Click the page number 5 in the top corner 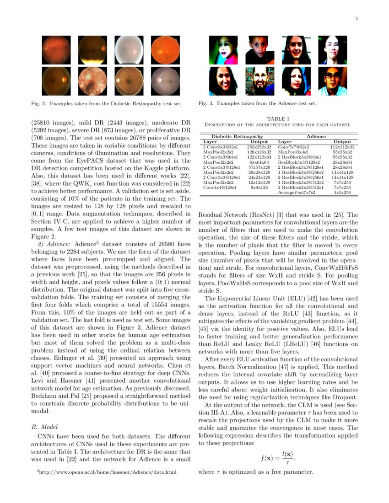point(356,18)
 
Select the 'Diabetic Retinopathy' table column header point(237,136)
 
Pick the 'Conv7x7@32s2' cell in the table point(294,147)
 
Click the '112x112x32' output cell point(342,147)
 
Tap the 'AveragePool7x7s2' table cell point(297,193)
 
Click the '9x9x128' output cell point(259,187)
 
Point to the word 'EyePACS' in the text point(97,161)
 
